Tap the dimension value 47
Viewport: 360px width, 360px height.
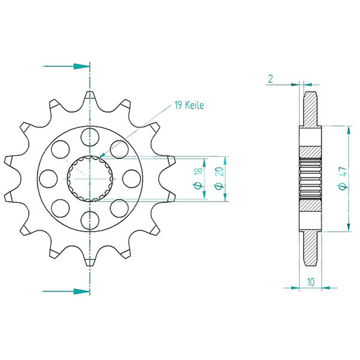341,178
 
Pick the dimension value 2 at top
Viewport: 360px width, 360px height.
271,78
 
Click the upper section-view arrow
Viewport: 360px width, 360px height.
66,65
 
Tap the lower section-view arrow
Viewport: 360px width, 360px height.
66,291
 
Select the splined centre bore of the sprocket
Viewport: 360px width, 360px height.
89,178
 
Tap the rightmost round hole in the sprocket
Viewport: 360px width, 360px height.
131,177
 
